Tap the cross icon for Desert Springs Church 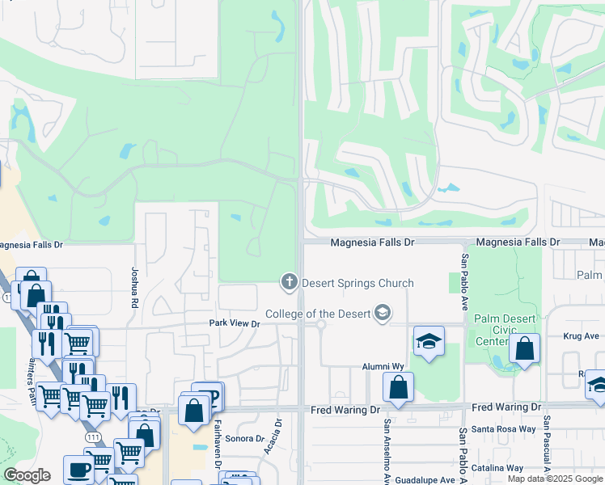[x=289, y=282]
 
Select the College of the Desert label [x=317, y=314]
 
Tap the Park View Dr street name [x=234, y=324]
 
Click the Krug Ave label [x=580, y=336]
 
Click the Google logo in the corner [x=27, y=475]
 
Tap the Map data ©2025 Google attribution [x=555, y=479]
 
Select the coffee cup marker [x=78, y=469]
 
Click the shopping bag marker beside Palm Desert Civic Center [x=525, y=349]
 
